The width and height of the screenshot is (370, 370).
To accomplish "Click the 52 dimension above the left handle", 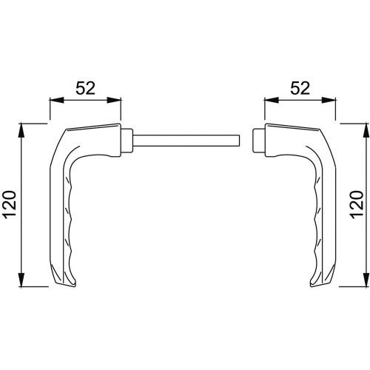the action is pyautogui.click(x=85, y=88).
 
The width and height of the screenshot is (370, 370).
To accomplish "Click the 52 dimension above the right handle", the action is pyautogui.click(x=300, y=88).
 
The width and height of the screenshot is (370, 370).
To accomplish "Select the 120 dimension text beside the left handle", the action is pyautogui.click(x=10, y=204).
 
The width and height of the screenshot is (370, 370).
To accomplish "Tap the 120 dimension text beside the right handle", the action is pyautogui.click(x=357, y=204).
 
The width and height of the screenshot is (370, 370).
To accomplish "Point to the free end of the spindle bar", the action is pyautogui.click(x=240, y=141).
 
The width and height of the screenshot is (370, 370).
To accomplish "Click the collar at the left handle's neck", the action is pyautogui.click(x=127, y=141).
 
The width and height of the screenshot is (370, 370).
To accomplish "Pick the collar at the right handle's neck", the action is pyautogui.click(x=259, y=141).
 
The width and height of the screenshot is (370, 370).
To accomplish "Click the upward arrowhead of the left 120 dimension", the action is pyautogui.click(x=21, y=130).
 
